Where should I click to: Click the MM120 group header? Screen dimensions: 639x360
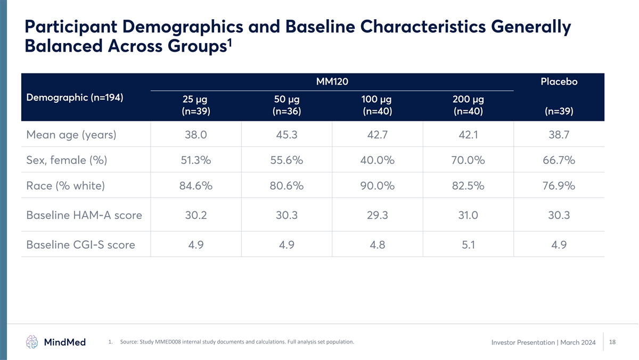point(332,81)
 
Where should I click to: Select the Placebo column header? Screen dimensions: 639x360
point(559,81)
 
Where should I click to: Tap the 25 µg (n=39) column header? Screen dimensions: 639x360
point(196,105)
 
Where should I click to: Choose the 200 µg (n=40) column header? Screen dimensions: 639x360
point(468,105)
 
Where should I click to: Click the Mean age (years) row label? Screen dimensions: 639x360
point(71,135)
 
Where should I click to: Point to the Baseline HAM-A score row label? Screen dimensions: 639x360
point(84,215)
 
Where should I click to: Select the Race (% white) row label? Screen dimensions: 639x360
point(65,186)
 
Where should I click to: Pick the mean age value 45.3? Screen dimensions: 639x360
point(286,135)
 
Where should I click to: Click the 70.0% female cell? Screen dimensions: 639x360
point(468,160)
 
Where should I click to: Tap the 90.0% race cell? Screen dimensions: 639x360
point(378,186)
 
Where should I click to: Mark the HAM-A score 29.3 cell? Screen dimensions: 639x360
point(378,215)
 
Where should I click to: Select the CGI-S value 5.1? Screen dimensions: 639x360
point(468,245)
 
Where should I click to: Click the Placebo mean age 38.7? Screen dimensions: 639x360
point(559,135)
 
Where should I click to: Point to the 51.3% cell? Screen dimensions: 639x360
point(196,160)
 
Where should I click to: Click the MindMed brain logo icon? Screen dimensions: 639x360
point(32,342)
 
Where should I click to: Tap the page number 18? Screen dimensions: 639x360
point(612,342)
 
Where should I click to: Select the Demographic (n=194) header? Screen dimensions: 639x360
point(75,97)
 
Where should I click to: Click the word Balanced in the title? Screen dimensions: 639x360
point(63,46)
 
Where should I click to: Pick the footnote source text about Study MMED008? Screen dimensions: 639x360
point(237,342)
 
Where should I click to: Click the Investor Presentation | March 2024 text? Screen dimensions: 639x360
point(544,342)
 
